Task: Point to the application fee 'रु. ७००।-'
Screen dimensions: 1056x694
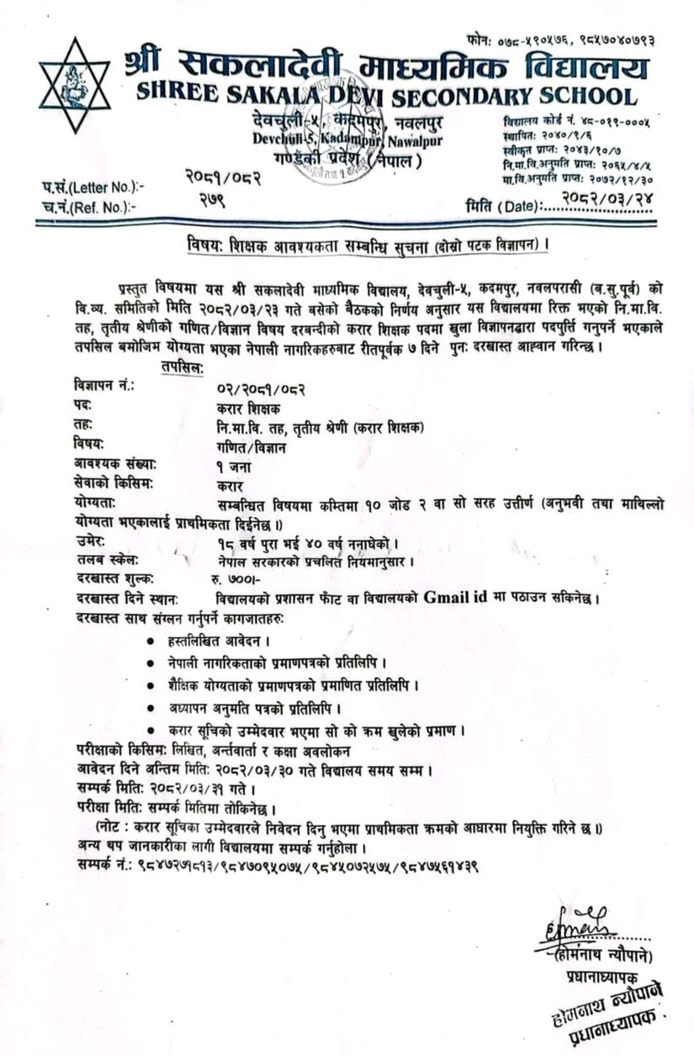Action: coord(236,581)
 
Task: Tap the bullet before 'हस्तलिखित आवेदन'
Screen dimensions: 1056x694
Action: coord(151,642)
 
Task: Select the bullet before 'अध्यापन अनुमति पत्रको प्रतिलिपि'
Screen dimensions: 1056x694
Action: coord(151,707)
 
